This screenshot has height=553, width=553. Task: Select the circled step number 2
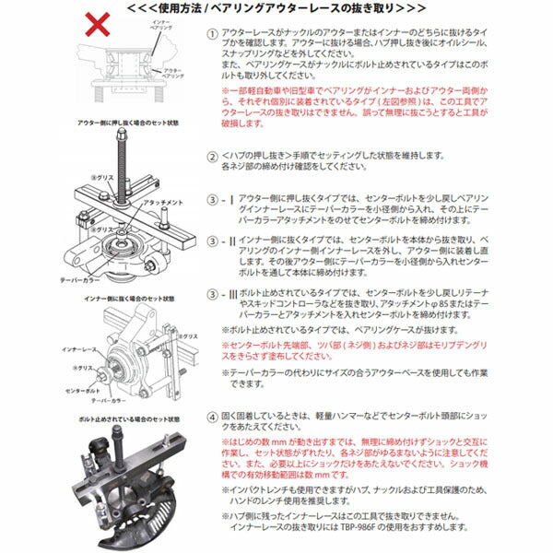click(213, 156)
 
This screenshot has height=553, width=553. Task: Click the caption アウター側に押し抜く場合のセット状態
click(121, 121)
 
